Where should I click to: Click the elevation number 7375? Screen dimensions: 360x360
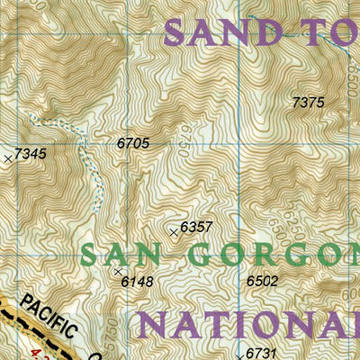pyautogui.click(x=308, y=103)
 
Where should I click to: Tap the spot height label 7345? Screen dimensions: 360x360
pyautogui.click(x=30, y=155)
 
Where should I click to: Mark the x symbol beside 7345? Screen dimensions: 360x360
pyautogui.click(x=8, y=158)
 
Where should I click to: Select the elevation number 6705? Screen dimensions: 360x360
pyautogui.click(x=132, y=142)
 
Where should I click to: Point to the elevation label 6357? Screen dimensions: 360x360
pyautogui.click(x=196, y=227)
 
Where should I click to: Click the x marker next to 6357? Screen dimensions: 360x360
pyautogui.click(x=174, y=231)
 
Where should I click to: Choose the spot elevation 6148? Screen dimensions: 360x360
pyautogui.click(x=137, y=282)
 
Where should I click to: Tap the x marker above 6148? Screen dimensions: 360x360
pyautogui.click(x=117, y=270)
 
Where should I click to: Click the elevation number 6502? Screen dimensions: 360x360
pyautogui.click(x=262, y=281)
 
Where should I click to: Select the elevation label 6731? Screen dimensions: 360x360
pyautogui.click(x=261, y=351)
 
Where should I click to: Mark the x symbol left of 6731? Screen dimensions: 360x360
pyautogui.click(x=239, y=355)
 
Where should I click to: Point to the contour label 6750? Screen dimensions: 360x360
pyautogui.click(x=182, y=144)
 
